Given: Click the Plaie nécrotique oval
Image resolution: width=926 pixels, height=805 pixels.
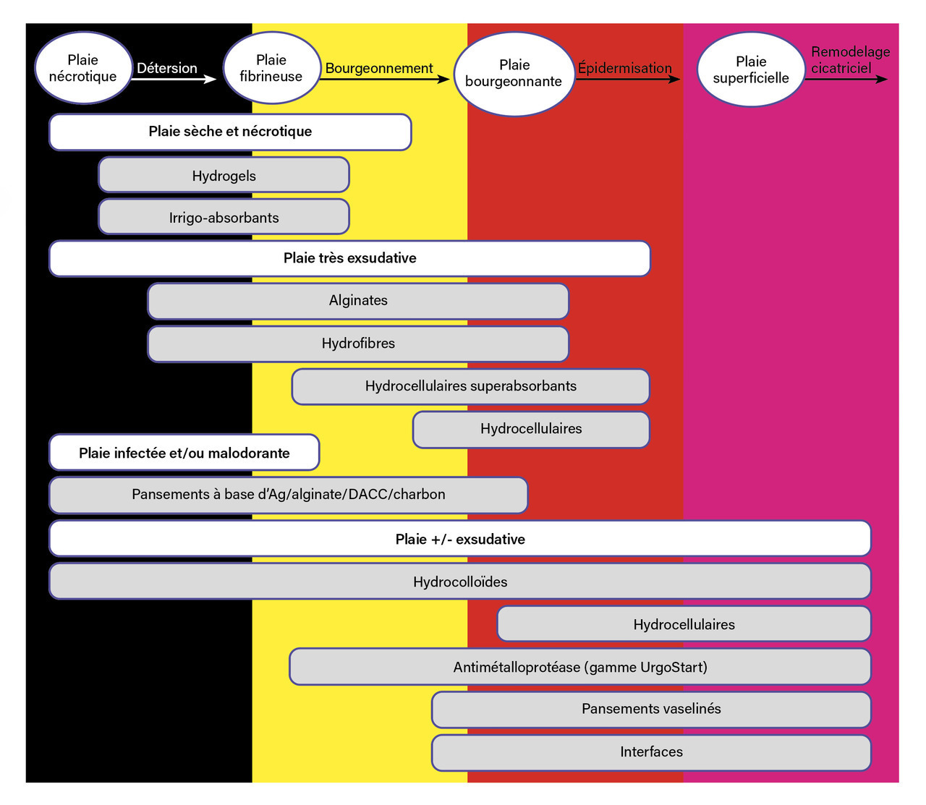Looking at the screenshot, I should [82, 68].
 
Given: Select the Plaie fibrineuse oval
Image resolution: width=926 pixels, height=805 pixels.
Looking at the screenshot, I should [271, 68].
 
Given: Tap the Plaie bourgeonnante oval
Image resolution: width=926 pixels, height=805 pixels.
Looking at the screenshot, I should [514, 73].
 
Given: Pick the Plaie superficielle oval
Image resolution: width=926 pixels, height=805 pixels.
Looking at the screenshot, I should [751, 70].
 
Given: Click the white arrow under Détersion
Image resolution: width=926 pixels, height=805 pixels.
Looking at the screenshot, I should [174, 79].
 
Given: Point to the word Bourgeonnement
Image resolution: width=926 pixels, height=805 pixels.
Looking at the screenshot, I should [379, 68].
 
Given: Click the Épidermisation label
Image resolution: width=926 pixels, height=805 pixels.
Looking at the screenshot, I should [624, 68].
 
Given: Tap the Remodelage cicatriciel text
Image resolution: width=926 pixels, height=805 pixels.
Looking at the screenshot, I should [849, 60].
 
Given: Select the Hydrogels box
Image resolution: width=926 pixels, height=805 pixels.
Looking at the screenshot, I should [224, 175].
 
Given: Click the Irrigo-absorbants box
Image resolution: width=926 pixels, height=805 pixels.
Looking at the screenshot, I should [224, 217].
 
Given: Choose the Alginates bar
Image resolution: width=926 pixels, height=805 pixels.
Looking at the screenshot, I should [358, 300].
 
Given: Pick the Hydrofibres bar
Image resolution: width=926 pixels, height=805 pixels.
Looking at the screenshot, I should [358, 343].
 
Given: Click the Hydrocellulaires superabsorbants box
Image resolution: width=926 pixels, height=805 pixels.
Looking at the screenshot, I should [470, 386].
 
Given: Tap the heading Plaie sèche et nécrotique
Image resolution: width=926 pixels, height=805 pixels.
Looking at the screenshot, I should [230, 132].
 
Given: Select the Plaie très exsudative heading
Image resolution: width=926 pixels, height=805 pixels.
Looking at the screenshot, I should [349, 258].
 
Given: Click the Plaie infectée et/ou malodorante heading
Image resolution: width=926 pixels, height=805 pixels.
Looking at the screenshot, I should [184, 453].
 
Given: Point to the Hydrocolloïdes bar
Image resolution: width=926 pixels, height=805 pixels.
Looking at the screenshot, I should [460, 582].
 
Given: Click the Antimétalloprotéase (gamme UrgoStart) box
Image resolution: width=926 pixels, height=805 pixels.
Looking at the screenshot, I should [580, 667].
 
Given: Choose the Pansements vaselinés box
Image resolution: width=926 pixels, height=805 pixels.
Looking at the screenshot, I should [651, 709].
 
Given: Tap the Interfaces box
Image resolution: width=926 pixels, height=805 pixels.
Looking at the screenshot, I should [651, 752].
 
